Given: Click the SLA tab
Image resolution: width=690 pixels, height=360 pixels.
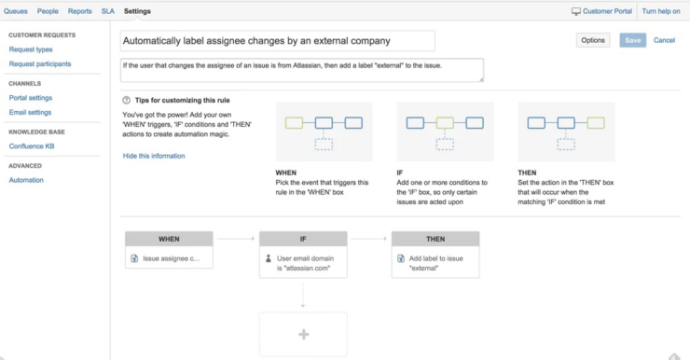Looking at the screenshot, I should point(108,11).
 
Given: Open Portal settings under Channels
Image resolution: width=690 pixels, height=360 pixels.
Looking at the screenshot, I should point(31,97).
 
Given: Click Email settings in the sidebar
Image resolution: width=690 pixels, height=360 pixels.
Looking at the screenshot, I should point(30,113).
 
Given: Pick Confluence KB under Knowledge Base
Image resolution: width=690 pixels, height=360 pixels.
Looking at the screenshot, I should point(33,146).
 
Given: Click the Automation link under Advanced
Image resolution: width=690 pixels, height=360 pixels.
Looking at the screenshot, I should point(26,180).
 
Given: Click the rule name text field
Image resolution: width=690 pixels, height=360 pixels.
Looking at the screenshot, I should point(278,41).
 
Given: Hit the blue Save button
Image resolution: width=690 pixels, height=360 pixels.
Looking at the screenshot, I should point(633,40).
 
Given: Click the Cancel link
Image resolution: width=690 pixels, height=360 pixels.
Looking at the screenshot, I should point(664,40).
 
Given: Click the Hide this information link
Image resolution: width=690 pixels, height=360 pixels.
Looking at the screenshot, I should point(154,156).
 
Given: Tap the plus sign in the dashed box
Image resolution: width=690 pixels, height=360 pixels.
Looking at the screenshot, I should point(303,334).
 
